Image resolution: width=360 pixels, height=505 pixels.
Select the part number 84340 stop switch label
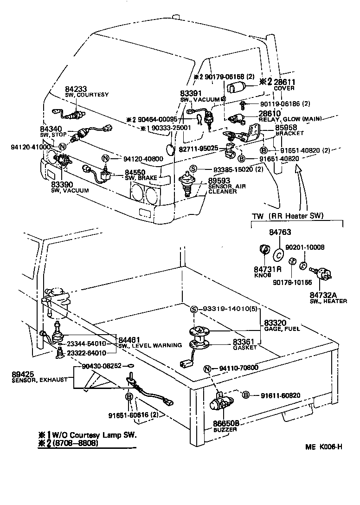pyautogui.click(x=49, y=129)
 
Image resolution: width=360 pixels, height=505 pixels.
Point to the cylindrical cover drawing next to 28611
pyautogui.click(x=239, y=88)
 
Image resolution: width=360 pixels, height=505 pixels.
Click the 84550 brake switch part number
pyautogui.click(x=135, y=172)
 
